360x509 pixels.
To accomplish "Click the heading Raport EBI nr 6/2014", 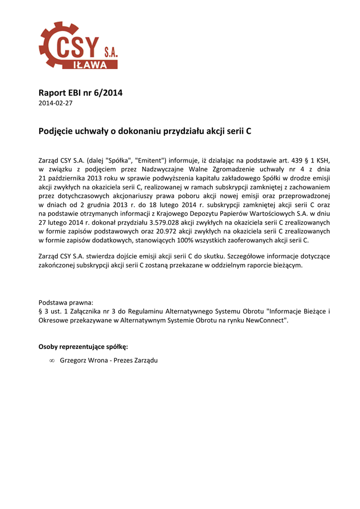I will (x=80, y=93).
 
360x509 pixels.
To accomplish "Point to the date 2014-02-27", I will (x=55, y=103).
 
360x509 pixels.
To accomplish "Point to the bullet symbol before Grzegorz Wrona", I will (x=52, y=360).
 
